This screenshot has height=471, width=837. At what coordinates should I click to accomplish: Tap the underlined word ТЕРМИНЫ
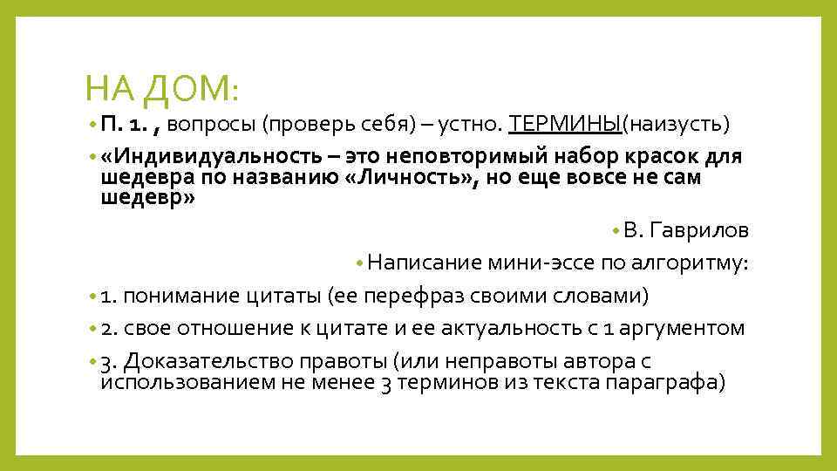tap(564, 124)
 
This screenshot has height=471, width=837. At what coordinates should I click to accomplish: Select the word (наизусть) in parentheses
tap(674, 124)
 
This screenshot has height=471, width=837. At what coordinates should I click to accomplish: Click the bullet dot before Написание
tap(359, 263)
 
